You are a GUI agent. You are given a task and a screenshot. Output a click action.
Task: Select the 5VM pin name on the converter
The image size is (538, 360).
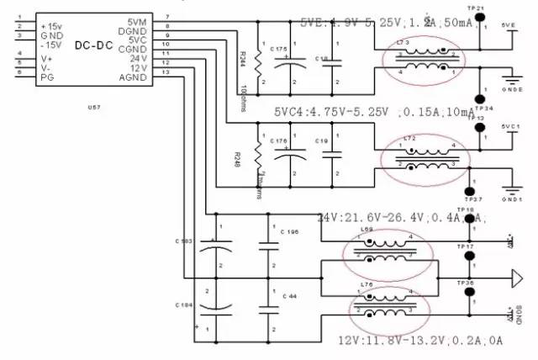tap(136, 22)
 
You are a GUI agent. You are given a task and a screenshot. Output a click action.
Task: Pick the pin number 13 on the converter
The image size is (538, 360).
tap(166, 71)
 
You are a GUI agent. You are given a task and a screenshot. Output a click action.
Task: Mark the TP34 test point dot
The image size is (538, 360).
tap(480, 98)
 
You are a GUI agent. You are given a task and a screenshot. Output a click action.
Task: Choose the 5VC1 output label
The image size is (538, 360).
tap(509, 125)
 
